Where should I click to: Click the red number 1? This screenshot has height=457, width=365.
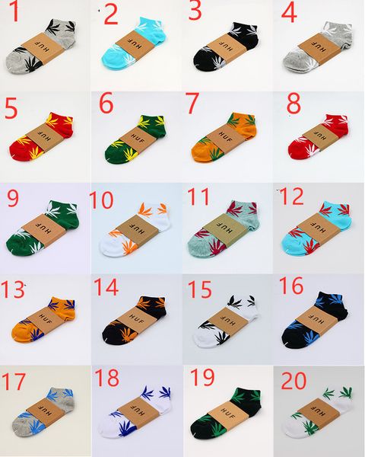coord(13,13)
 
